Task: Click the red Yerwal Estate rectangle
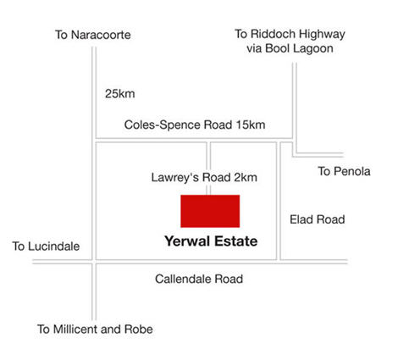pos(210,211)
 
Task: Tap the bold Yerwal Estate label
pos(211,241)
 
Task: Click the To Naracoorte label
pos(93,35)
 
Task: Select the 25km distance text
pos(120,94)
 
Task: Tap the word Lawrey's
pos(175,178)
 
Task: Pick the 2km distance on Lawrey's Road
pos(246,178)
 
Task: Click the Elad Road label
pos(318,219)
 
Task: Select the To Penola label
pos(344,171)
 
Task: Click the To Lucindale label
pos(46,246)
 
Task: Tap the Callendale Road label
pos(199,279)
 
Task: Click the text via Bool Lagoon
pos(290,48)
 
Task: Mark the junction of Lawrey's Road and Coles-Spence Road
pos(208,141)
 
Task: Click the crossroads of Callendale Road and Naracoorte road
pos(94,262)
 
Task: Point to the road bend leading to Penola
pos(294,155)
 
